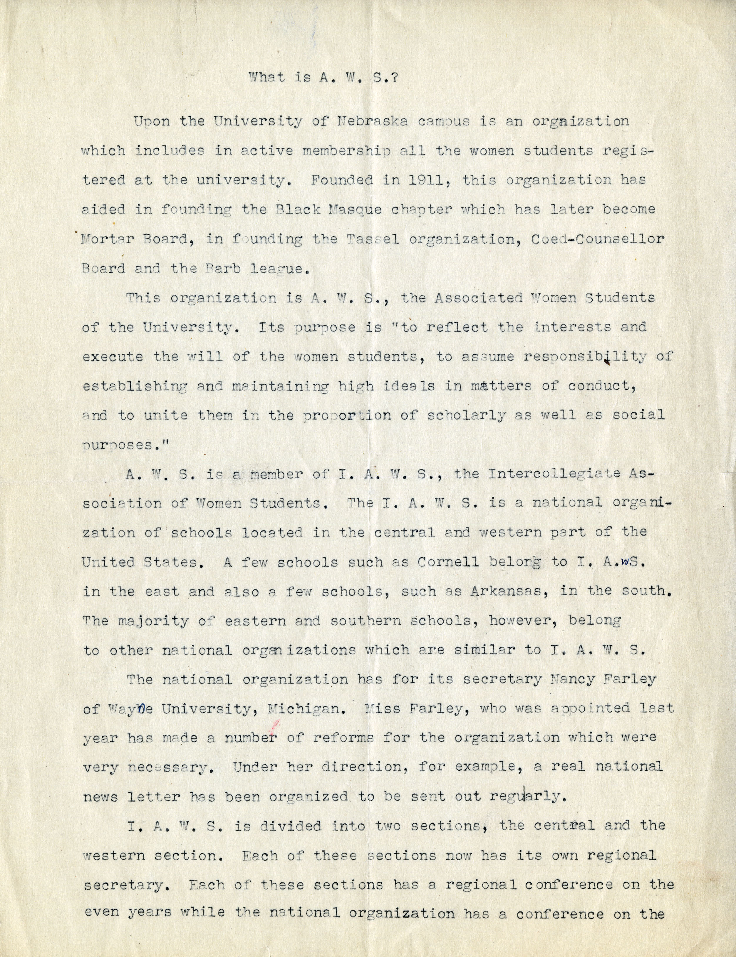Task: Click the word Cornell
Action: click(448, 562)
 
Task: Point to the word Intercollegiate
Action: click(553, 474)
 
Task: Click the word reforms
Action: click(343, 738)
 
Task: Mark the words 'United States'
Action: click(140, 562)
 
